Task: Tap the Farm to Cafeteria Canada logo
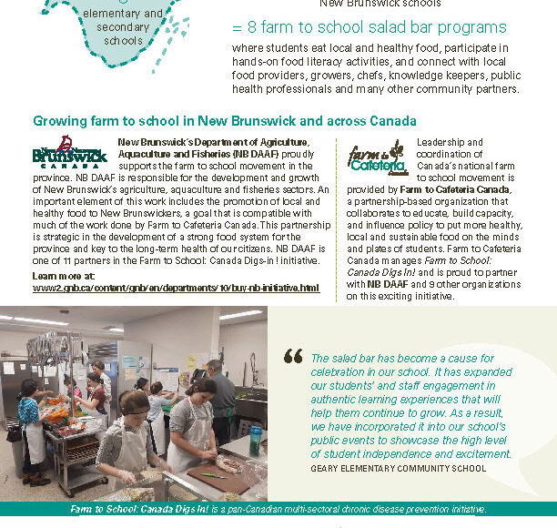point(376,157)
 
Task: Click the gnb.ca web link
point(176,288)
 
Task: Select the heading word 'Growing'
point(61,121)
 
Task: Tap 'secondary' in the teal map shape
point(122,27)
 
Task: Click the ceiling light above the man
point(240,315)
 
